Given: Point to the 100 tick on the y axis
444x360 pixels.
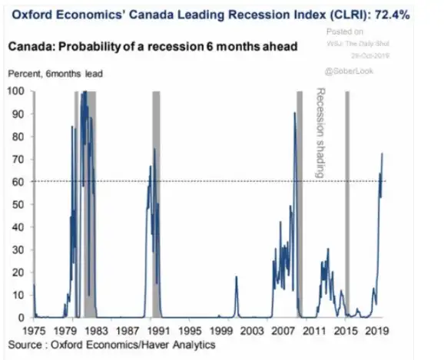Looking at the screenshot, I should click(x=15, y=91).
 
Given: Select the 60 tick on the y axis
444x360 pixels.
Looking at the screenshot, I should click(x=17, y=181).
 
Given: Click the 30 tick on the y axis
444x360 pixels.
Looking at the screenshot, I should click(x=17, y=249).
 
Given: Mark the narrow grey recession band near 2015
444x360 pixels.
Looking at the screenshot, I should click(x=347, y=203).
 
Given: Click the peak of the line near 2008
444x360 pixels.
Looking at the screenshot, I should click(x=294, y=114).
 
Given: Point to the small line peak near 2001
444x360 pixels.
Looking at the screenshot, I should click(x=236, y=276).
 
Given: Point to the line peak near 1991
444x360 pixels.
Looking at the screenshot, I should click(x=154, y=149).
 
